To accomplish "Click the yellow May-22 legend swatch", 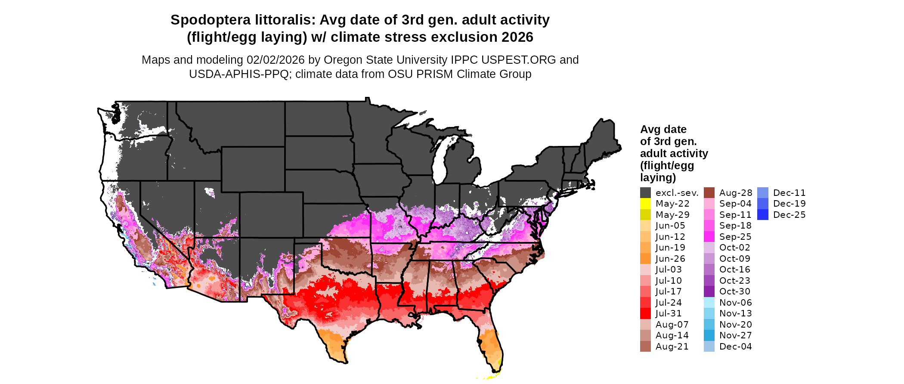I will click(x=645, y=204).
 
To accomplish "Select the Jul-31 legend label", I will click(x=669, y=313).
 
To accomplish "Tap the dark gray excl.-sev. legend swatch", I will click(x=645, y=193).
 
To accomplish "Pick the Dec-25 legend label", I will click(x=789, y=215).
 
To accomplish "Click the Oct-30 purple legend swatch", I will click(x=709, y=291).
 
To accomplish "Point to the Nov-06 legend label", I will click(x=735, y=303).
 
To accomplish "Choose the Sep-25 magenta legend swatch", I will click(x=709, y=237).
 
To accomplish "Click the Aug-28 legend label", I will click(x=735, y=193).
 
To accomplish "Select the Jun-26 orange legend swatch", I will click(x=645, y=259).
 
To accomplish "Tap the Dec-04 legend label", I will click(x=735, y=347).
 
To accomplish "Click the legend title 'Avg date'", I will click(x=663, y=130).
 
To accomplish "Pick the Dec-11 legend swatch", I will click(x=762, y=193).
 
